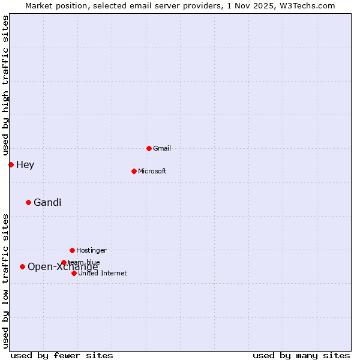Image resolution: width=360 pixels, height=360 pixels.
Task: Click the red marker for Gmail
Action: click(149, 148)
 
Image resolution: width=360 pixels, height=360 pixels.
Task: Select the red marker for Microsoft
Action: click(134, 171)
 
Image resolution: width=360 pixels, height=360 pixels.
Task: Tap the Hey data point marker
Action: click(11, 164)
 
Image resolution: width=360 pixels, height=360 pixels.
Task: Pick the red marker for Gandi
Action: click(28, 202)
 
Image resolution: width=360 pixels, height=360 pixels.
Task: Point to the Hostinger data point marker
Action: click(72, 250)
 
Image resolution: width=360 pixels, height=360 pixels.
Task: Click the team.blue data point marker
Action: click(64, 262)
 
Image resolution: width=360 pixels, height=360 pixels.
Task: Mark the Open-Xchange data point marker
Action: click(22, 266)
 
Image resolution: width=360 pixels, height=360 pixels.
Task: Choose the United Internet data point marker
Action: click(74, 273)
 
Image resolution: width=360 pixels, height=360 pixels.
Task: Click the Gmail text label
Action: click(162, 148)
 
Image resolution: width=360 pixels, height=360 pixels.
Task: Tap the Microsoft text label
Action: click(152, 171)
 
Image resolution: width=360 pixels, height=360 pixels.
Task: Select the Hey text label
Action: click(25, 164)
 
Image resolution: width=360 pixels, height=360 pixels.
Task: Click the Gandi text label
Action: click(47, 202)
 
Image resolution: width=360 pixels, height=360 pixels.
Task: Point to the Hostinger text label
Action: click(91, 250)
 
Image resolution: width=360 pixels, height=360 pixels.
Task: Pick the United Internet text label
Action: click(103, 273)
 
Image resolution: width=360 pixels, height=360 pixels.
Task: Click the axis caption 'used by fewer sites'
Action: click(62, 355)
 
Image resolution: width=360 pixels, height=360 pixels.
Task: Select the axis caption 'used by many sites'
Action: click(301, 355)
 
